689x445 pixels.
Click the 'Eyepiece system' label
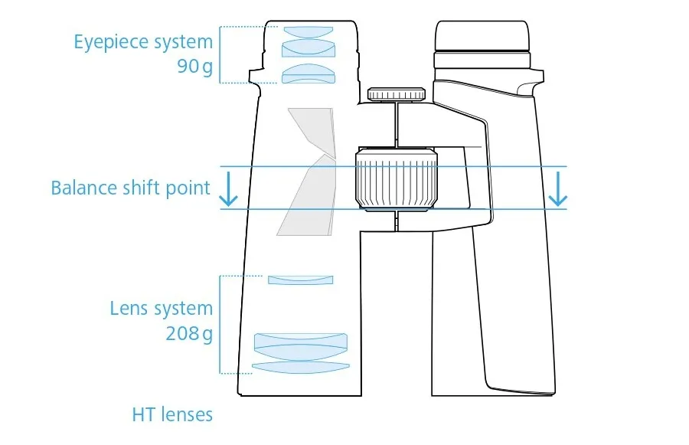click(x=142, y=41)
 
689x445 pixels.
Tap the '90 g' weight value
click(x=195, y=66)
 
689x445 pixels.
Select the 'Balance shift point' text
click(x=130, y=188)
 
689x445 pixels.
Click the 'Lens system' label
click(x=161, y=309)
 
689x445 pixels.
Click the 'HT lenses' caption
click(x=172, y=414)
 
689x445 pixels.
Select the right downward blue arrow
click(x=559, y=190)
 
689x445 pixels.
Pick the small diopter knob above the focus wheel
click(x=397, y=94)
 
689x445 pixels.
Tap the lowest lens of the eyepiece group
click(x=309, y=74)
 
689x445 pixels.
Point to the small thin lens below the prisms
click(x=301, y=280)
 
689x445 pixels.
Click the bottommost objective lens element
click(x=300, y=368)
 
